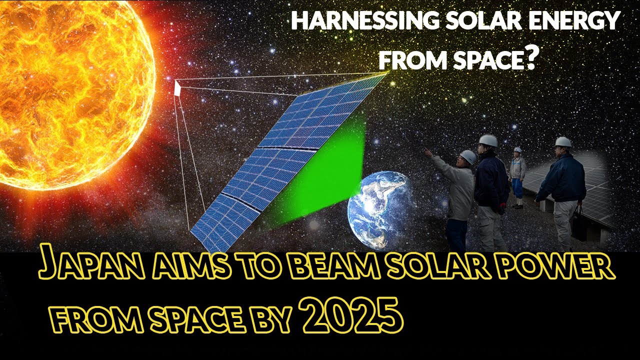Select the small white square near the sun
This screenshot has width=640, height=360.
click(177, 88)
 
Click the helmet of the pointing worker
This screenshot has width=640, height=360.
click(468, 156)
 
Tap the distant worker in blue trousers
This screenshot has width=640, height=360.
click(517, 175)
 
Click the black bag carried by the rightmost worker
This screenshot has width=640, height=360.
click(579, 225)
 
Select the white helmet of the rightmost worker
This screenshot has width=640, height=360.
click(563, 141)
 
